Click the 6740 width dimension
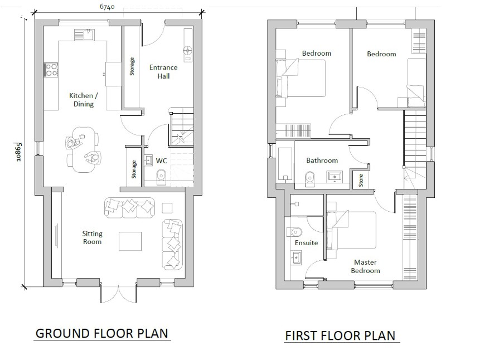[x=107, y=7]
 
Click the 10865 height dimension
[x=18, y=152]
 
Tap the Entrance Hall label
[x=163, y=71]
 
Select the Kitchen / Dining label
[x=84, y=100]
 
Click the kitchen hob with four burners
[x=52, y=70]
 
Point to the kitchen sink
[x=84, y=35]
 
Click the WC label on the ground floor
[x=161, y=161]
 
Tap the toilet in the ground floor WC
[x=161, y=177]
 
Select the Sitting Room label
[x=92, y=237]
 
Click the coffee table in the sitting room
[x=130, y=241]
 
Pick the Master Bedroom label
[x=365, y=266]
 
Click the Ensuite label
[x=306, y=243]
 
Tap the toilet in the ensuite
[x=294, y=232]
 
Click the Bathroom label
[x=322, y=160]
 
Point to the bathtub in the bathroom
[x=285, y=164]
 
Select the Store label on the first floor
[x=361, y=180]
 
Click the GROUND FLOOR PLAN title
[x=102, y=333]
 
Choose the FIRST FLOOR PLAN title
[x=340, y=335]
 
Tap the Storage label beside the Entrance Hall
[x=132, y=66]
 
